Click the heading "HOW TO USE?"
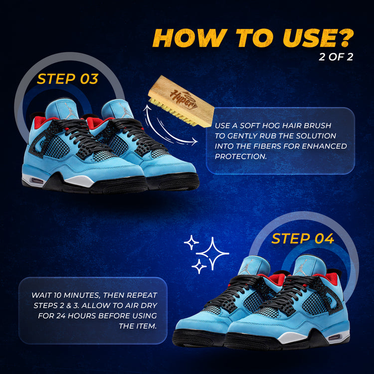(253, 38)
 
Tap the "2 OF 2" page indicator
(336, 57)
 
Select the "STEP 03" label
(67, 79)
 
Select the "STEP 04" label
(303, 238)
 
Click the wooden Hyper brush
(182, 101)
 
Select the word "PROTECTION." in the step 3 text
(240, 157)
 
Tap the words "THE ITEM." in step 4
(138, 326)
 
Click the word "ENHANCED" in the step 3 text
(325, 146)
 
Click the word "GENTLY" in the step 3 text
(242, 136)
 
